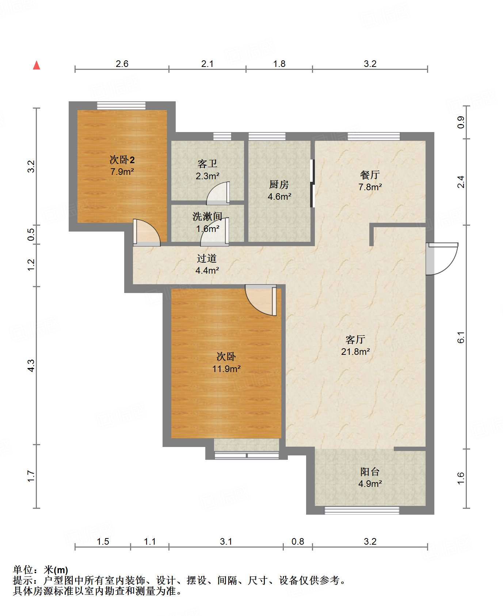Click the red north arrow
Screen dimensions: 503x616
click(x=37, y=65)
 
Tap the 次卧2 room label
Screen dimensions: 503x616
click(x=122, y=160)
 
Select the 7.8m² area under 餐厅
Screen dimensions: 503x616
click(x=370, y=187)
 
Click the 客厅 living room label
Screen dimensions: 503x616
click(x=355, y=339)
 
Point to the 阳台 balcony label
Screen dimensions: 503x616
click(x=370, y=472)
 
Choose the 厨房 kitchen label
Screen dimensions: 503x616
click(x=279, y=184)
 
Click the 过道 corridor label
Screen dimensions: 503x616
click(x=207, y=258)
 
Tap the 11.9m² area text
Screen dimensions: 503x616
click(x=226, y=369)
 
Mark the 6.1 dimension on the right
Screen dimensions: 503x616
click(x=461, y=337)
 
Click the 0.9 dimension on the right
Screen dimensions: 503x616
click(x=461, y=122)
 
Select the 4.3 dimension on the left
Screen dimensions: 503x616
click(x=31, y=365)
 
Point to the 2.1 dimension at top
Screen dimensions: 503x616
click(x=207, y=64)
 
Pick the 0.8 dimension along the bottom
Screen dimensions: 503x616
click(x=298, y=541)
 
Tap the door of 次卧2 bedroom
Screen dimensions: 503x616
click(x=146, y=232)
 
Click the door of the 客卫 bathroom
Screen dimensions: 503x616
click(x=218, y=193)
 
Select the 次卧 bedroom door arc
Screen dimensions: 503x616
click(x=260, y=300)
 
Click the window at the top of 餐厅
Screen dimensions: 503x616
click(x=374, y=136)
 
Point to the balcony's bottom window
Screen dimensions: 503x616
click(x=362, y=510)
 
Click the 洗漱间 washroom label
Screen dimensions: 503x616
click(x=207, y=217)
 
